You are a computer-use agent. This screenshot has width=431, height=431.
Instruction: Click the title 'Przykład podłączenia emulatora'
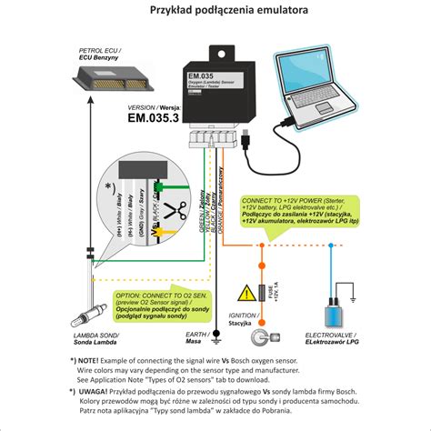[215, 11]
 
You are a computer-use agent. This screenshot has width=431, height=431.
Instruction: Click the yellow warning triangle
[246, 293]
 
